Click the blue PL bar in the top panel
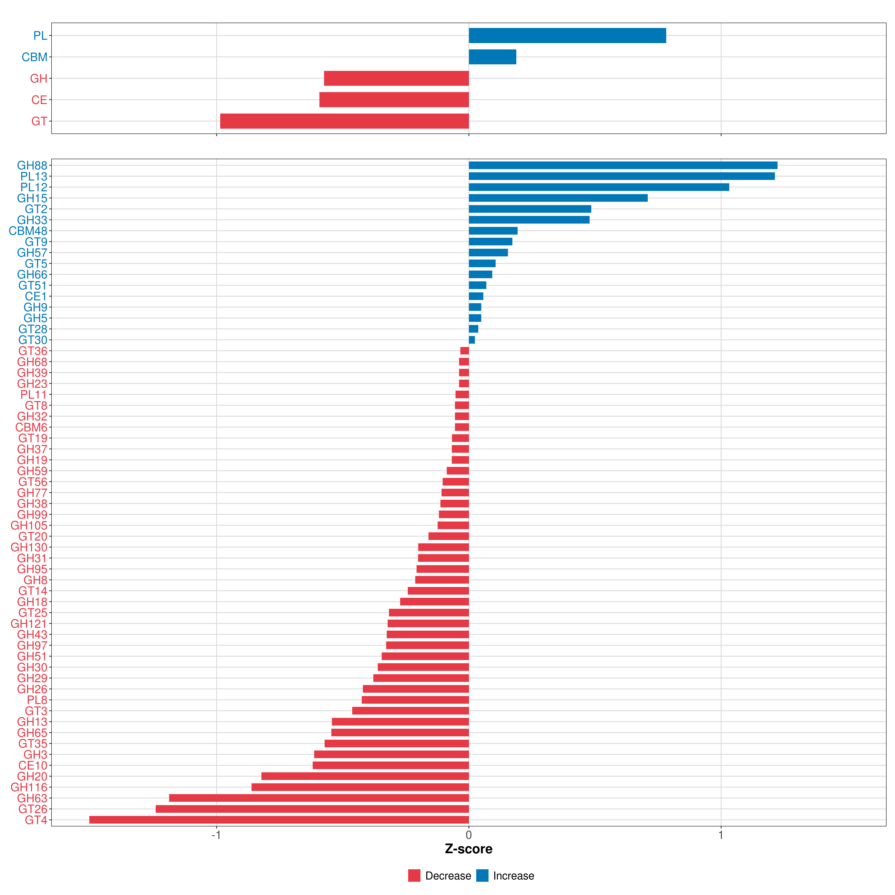coord(567,36)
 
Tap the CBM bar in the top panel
coord(492,57)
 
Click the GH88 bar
coord(623,165)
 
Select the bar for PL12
coord(599,187)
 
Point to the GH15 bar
coord(558,198)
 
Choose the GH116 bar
coord(360,787)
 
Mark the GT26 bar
coord(312,809)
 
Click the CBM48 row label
coord(28,231)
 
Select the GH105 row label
coord(29,525)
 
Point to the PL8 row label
coord(37,700)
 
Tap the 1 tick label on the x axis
coord(721,835)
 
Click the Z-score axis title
coord(469,849)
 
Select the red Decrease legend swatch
coord(414,876)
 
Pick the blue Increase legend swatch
coord(482,876)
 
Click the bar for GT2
coord(530,209)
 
